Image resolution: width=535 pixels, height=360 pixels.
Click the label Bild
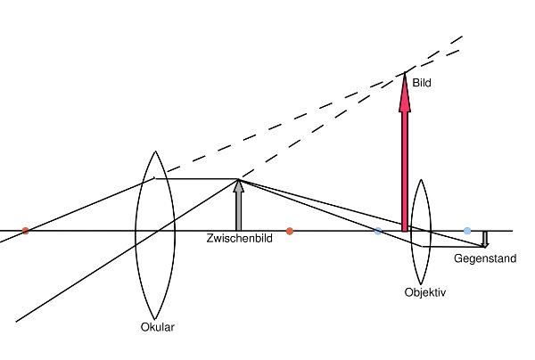(x=421, y=83)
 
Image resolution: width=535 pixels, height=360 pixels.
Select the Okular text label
(x=158, y=326)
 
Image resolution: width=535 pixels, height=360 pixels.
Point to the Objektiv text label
(x=424, y=291)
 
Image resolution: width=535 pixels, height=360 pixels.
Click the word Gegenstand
(x=481, y=258)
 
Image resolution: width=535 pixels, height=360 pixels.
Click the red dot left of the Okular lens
(x=25, y=231)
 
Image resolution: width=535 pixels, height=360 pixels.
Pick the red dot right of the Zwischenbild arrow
(x=290, y=231)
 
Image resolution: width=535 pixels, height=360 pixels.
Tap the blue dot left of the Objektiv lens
(x=379, y=231)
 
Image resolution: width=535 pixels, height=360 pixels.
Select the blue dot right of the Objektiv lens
(x=467, y=231)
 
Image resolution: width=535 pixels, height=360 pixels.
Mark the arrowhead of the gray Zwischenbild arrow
(x=238, y=186)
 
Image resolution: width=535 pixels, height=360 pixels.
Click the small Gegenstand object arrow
(x=484, y=239)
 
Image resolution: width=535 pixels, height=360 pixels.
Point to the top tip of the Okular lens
(x=149, y=150)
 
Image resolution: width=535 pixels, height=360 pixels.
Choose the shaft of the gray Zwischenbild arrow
(x=238, y=212)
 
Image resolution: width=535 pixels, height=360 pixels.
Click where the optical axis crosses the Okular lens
(x=149, y=231)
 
